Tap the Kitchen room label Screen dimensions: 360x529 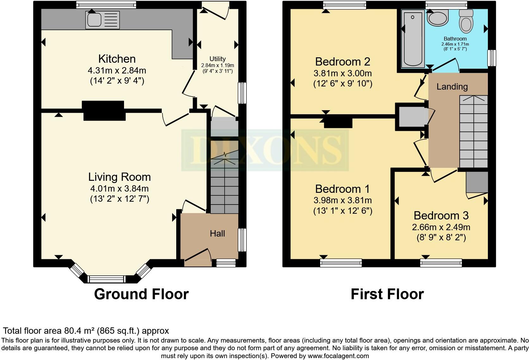tap(117, 59)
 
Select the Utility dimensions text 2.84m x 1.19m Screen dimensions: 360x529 tap(217, 66)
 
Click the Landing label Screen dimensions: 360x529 tap(452, 86)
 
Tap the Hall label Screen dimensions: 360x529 tap(217, 234)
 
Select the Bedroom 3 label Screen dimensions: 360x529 tap(441, 216)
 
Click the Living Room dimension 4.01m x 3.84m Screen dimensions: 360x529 tap(119, 189)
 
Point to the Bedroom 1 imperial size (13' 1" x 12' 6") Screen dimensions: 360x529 tap(343, 211)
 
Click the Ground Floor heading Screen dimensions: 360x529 tap(141, 294)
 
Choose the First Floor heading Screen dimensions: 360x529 tap(387, 294)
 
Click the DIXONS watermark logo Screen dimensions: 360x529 tap(265, 150)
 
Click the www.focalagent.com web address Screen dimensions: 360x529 tap(338, 356)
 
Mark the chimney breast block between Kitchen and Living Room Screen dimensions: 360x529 tap(103, 111)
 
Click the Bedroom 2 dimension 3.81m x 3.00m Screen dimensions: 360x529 tap(343, 73)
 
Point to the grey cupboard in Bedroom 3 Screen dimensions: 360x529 tap(477, 182)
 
